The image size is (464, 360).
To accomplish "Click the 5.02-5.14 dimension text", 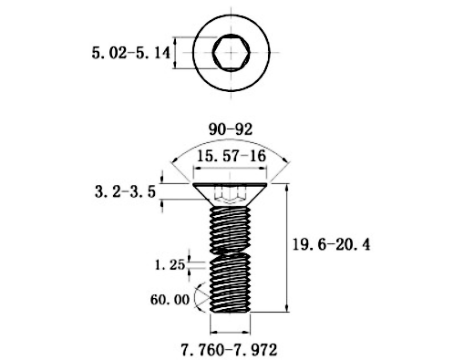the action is pyautogui.click(x=130, y=54).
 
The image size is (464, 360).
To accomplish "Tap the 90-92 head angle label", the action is pyautogui.click(x=231, y=129).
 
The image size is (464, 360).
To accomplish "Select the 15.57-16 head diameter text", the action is pyautogui.click(x=232, y=157).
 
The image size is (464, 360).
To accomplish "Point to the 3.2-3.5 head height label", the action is pyautogui.click(x=125, y=191).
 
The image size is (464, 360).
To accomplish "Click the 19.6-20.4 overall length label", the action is pyautogui.click(x=331, y=244).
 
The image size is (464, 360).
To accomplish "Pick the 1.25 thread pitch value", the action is pyautogui.click(x=170, y=265).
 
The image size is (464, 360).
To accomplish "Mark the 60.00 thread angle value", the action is pyautogui.click(x=170, y=300).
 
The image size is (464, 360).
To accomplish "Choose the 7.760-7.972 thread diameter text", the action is pyautogui.click(x=229, y=350).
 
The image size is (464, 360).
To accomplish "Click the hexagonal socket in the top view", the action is pyautogui.click(x=232, y=53).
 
